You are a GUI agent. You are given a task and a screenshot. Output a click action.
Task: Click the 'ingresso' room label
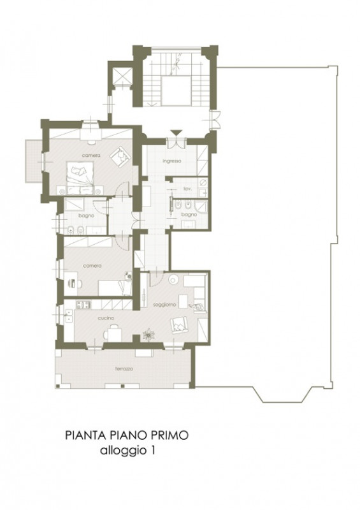pyautogui.click(x=171, y=161)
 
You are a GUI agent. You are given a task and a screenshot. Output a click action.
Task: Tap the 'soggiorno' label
pyautogui.click(x=164, y=305)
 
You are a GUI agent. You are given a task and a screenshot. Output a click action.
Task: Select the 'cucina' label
pyautogui.click(x=106, y=317)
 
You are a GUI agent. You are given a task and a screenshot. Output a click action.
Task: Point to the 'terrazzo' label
pyautogui.click(x=124, y=369)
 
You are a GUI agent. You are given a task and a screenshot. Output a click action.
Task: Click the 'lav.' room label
pyautogui.click(x=187, y=188)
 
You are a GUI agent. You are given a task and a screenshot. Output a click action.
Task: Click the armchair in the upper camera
pyautogui.click(x=120, y=157)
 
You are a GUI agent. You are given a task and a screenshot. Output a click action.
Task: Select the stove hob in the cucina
pyautogui.click(x=83, y=305)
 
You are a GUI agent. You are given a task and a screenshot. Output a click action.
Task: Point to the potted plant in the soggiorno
pyautogui.click(x=149, y=335)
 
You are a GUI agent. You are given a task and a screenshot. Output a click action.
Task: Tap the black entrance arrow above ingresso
pyautogui.click(x=176, y=133)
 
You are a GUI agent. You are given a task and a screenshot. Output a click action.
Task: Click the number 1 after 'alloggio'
pyautogui.click(x=152, y=451)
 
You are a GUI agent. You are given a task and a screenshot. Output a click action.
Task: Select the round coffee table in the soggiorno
pyautogui.click(x=173, y=280)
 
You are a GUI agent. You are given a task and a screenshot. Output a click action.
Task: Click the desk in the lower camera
pyautogui.click(x=71, y=284)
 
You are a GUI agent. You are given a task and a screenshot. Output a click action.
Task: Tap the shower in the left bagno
pyautogui.click(x=74, y=205)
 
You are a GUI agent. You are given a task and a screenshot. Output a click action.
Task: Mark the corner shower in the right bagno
pyautogui.click(x=201, y=206)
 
